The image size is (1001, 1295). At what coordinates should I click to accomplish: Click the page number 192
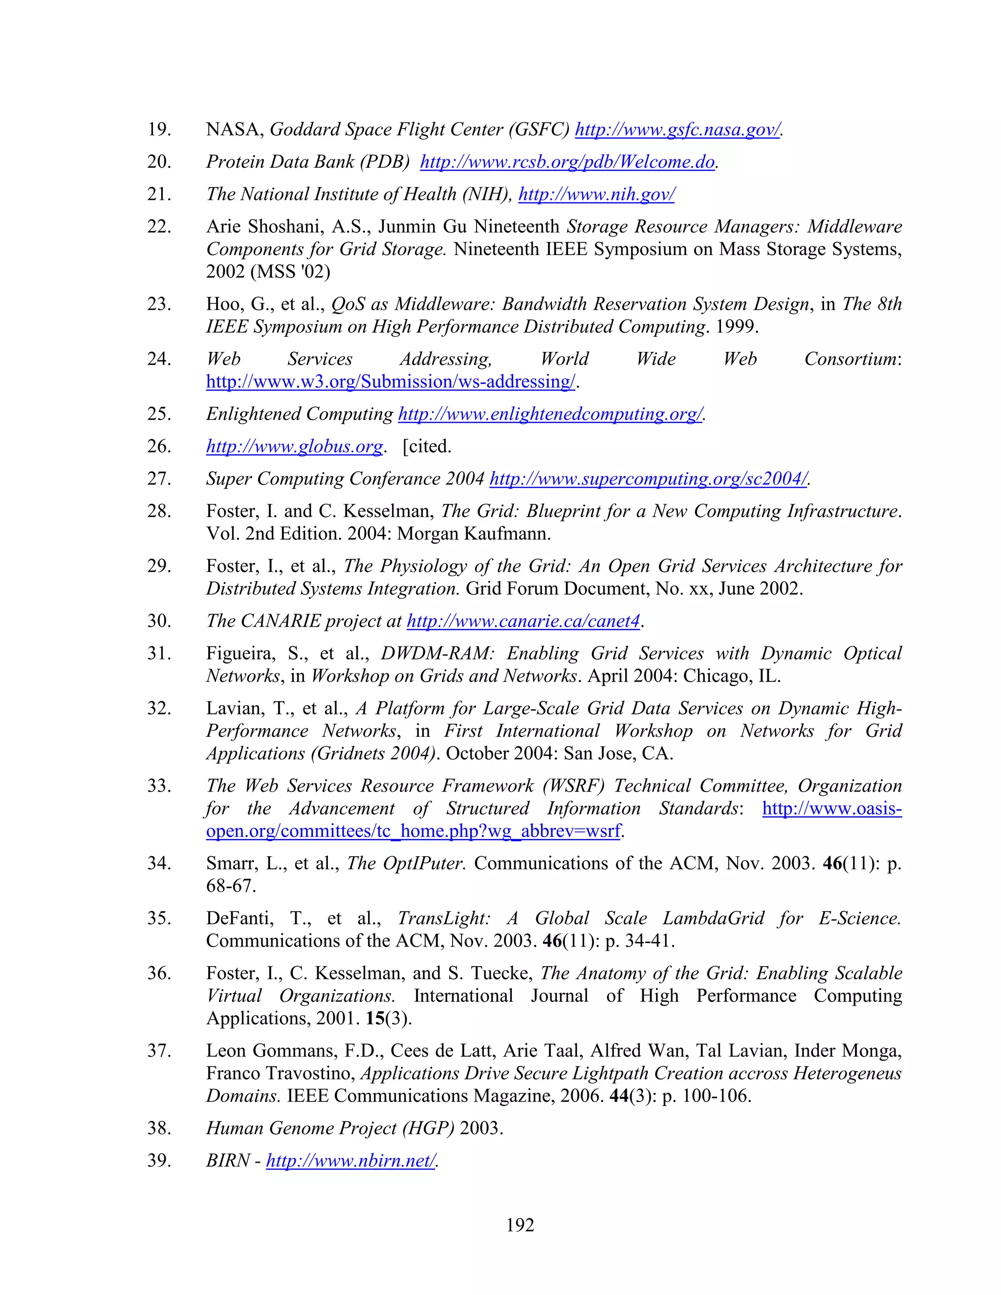[520, 1225]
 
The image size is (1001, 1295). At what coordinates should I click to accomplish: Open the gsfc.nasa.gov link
[677, 129]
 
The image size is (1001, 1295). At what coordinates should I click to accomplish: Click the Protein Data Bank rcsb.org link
[567, 162]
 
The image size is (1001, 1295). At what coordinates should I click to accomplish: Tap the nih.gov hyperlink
[596, 194]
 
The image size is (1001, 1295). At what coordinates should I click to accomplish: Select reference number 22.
[159, 227]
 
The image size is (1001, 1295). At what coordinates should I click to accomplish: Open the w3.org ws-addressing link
[390, 381]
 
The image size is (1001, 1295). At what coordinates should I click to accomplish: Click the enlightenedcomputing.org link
[550, 414]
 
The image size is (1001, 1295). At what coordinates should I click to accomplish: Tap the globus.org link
[294, 447]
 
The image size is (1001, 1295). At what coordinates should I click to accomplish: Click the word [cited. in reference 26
[427, 447]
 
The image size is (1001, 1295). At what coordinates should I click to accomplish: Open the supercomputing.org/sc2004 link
[648, 479]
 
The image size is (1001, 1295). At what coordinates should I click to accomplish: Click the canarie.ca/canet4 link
[523, 622]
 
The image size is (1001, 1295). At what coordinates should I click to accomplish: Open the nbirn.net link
[350, 1161]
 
